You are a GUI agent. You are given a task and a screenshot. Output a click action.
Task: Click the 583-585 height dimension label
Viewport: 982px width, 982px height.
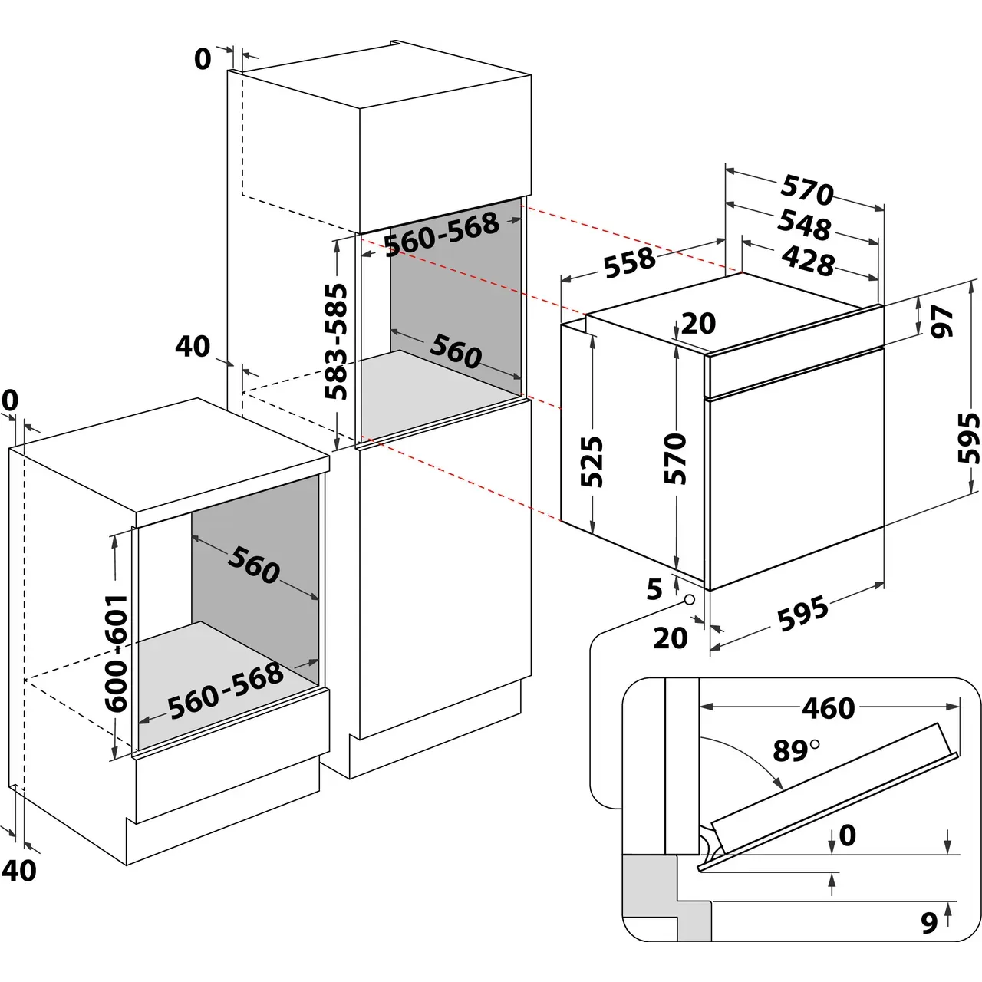point(335,342)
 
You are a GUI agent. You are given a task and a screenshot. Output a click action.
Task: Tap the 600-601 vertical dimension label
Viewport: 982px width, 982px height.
point(117,653)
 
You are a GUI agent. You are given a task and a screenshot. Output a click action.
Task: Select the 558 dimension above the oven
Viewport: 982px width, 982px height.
point(630,262)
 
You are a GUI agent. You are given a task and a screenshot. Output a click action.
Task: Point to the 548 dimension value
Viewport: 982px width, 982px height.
point(804,223)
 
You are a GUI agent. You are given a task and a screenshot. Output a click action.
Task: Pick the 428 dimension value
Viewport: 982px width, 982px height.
point(808,260)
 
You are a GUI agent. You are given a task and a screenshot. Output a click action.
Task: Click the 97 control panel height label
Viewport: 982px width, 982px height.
point(942,321)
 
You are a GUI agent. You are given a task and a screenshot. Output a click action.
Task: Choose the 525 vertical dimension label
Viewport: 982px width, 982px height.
point(592,462)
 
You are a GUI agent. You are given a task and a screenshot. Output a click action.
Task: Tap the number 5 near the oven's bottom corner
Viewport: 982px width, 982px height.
point(654,589)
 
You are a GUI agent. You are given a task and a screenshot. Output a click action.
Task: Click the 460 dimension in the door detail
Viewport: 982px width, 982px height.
point(828,707)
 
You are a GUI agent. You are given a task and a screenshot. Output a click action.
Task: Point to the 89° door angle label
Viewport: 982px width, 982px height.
point(795,750)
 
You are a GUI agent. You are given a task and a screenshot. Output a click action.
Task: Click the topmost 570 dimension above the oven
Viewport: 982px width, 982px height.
point(807,189)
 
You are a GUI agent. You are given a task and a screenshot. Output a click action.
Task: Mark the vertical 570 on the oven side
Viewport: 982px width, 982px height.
point(675,458)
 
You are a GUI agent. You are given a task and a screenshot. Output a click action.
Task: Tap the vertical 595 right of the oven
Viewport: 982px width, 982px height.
point(969,438)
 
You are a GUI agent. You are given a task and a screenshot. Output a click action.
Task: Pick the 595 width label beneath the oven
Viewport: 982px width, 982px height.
point(802,613)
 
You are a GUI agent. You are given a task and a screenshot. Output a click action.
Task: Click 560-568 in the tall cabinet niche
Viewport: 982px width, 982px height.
point(442,234)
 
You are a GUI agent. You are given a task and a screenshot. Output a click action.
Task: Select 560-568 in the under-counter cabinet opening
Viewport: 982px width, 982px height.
point(226,690)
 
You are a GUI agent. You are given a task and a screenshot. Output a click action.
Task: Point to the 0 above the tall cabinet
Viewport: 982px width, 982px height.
point(203,58)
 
